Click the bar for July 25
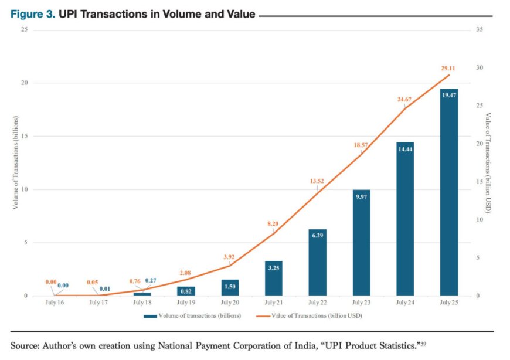(449, 193)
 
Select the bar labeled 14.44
(405, 220)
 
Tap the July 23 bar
(361, 243)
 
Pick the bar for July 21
(273, 279)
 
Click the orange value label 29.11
(448, 69)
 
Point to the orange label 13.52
(317, 181)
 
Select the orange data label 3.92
(229, 257)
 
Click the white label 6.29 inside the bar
(317, 236)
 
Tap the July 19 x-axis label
(185, 303)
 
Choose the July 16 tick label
(54, 303)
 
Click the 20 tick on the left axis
(23, 83)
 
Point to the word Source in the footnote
(24, 346)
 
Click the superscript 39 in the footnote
(424, 344)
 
